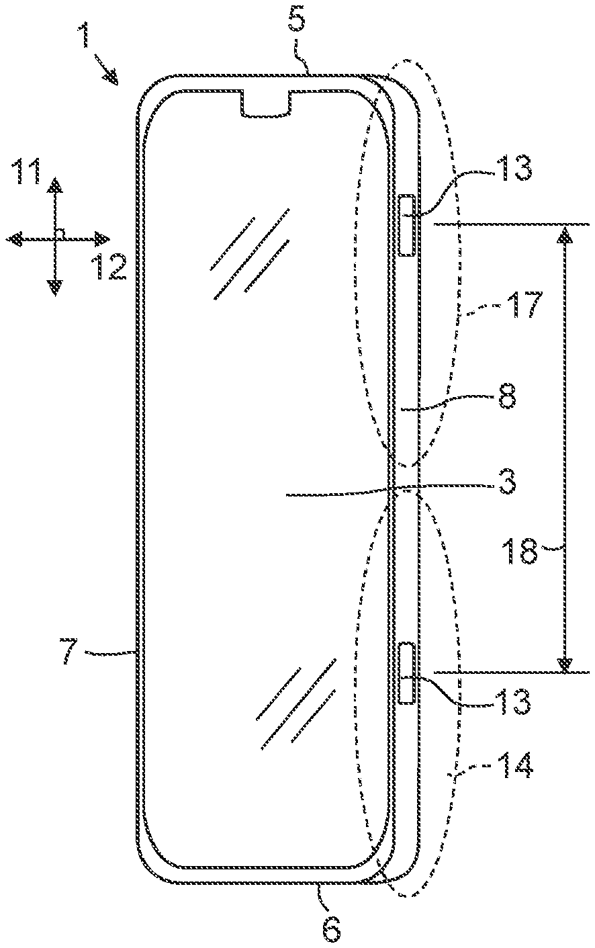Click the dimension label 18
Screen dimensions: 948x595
pos(521,552)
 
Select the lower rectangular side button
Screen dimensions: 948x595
pos(407,673)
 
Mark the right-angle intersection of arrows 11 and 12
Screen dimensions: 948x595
pos(54,238)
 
